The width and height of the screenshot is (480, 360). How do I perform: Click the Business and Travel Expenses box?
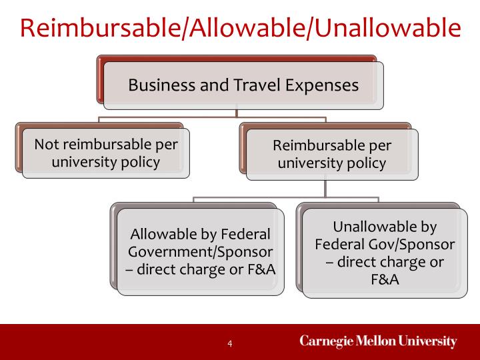243,85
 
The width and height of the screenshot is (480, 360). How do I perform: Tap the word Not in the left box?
46,144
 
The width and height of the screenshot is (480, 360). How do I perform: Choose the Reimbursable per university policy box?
332,154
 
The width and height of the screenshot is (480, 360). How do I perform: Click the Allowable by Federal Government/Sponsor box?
201,252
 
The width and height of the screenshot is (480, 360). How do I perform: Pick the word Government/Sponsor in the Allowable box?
201,252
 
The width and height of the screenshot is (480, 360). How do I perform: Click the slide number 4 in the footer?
230,343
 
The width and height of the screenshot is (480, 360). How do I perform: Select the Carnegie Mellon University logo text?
378,342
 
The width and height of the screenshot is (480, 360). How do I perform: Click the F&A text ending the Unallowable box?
385,279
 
